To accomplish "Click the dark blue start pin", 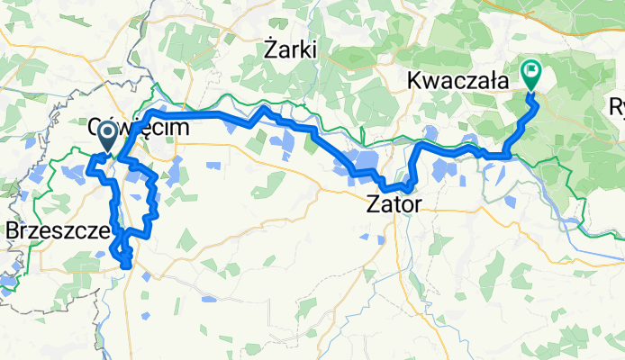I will pyautogui.click(x=106, y=137).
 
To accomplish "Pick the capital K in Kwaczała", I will pyautogui.click(x=415, y=80).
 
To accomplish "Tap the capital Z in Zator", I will pyautogui.click(x=371, y=204).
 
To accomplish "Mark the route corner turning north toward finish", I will pyautogui.click(x=510, y=155).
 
